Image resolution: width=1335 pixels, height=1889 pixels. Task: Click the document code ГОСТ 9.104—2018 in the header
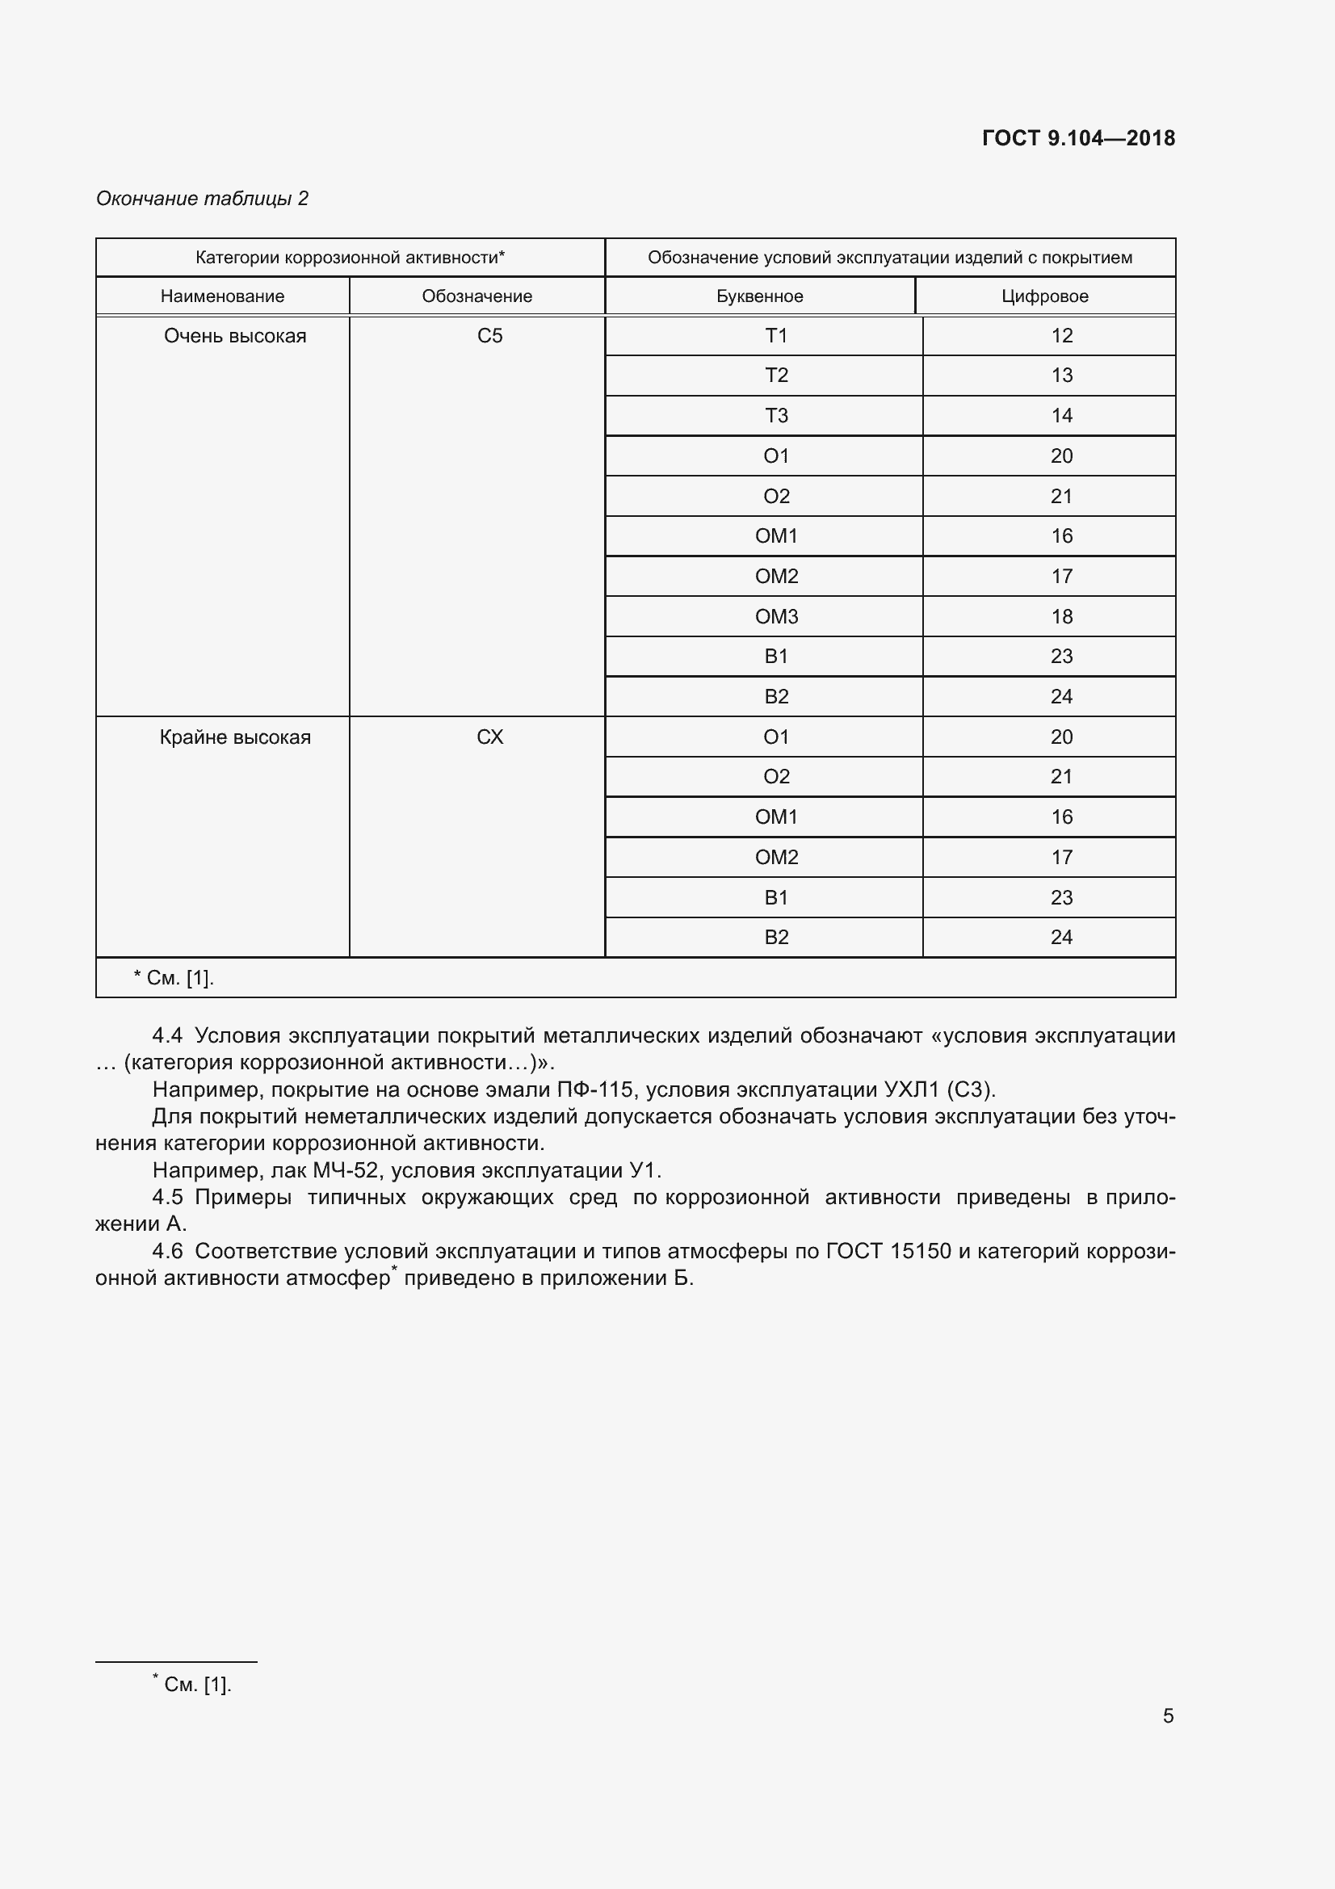click(x=1077, y=138)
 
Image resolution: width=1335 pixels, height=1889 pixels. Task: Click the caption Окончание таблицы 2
click(x=202, y=199)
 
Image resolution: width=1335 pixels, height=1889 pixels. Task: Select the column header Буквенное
click(x=759, y=296)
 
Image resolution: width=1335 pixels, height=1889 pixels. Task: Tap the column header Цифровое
click(x=1044, y=296)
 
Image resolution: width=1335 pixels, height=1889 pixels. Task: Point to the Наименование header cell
click(x=222, y=296)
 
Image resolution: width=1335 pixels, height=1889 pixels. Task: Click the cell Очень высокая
click(x=234, y=336)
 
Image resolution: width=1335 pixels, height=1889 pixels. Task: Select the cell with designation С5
click(x=489, y=336)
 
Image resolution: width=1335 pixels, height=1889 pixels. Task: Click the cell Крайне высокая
click(x=234, y=737)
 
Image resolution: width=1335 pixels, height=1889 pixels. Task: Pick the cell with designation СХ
click(x=489, y=737)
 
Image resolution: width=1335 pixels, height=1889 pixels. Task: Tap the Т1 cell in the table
click(x=775, y=336)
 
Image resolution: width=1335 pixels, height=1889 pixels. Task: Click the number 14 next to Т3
click(x=1061, y=415)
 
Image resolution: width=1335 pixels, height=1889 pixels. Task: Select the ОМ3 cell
click(x=775, y=616)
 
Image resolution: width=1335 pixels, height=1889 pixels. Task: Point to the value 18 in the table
click(x=1061, y=616)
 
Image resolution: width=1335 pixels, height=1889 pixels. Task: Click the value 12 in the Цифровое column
click(x=1061, y=336)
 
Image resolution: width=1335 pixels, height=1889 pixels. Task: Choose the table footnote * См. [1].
click(x=174, y=978)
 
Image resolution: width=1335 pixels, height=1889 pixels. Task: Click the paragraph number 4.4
click(x=167, y=1036)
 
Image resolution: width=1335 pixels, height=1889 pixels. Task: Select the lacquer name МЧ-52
click(x=346, y=1171)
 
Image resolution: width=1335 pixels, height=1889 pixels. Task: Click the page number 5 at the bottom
click(x=1167, y=1715)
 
